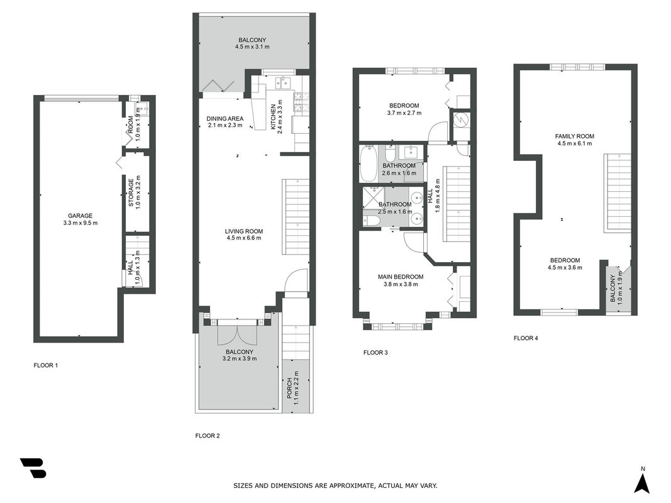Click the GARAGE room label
[80, 216]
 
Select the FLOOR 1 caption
[46, 365]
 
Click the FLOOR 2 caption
[208, 436]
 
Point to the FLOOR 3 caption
[375, 353]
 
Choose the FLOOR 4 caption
[526, 338]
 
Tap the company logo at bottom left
[33, 468]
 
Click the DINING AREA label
[225, 118]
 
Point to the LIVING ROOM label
[244, 231]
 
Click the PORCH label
[289, 389]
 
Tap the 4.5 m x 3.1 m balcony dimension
[252, 47]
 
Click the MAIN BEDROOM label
[401, 277]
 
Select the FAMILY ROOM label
[575, 136]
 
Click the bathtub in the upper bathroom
[368, 163]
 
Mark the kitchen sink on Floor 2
[283, 82]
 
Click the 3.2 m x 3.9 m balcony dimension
[240, 358]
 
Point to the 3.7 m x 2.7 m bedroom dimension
[404, 113]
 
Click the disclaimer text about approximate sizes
[335, 485]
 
